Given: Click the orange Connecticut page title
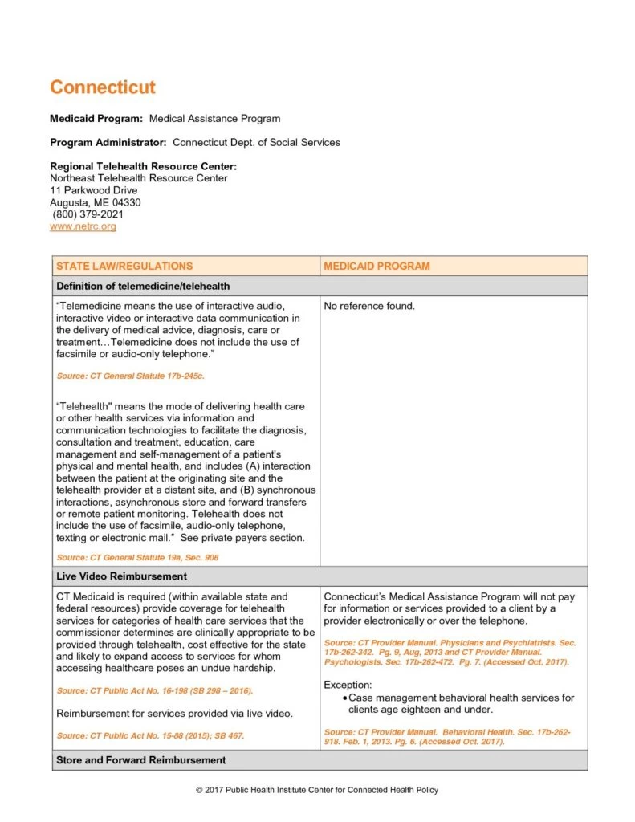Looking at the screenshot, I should point(103,87).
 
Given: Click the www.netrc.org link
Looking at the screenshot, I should point(83,227).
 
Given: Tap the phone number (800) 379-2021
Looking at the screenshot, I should point(88,214).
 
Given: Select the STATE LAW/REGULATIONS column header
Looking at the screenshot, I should point(124,266).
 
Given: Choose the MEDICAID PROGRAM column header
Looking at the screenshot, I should point(377,266).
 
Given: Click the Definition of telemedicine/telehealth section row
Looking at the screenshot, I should point(143,286).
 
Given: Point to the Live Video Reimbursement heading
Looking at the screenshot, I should point(121,576).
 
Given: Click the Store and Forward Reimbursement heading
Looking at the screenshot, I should point(140,759).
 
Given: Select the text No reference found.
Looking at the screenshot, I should point(369,306).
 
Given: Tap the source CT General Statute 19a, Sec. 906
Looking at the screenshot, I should point(137,557).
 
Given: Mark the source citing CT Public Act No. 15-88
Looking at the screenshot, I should point(150,736).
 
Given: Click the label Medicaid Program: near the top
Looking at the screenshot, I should point(96,119).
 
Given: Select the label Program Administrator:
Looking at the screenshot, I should point(108,143).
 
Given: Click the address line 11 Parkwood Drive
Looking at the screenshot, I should point(93,190).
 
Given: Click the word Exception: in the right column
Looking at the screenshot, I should point(348,685).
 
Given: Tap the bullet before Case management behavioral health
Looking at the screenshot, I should point(344,698).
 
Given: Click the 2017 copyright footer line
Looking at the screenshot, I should point(317,791).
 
